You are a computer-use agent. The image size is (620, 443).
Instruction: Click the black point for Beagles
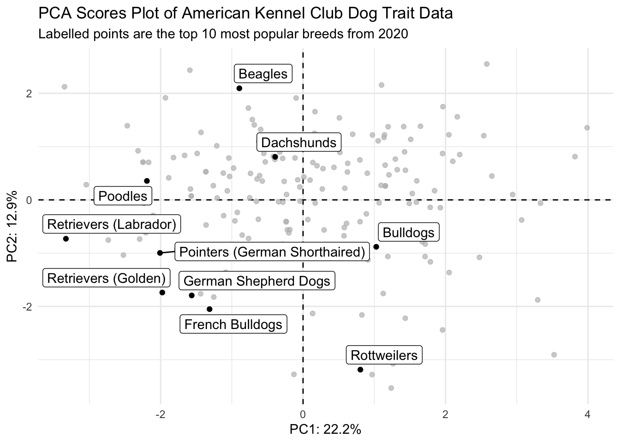pos(239,88)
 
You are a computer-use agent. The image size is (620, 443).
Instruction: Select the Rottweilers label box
pos(384,355)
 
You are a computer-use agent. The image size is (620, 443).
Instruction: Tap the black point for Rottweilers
pos(360,370)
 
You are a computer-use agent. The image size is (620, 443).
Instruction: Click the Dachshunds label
pos(298,143)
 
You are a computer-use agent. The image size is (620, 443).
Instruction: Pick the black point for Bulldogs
pos(376,247)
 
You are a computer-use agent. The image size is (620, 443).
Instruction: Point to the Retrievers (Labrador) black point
pos(66,239)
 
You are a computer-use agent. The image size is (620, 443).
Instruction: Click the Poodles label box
pos(123,196)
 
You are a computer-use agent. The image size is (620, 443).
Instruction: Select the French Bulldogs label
pos(233,324)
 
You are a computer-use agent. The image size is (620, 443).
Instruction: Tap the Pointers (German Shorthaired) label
pos(272,252)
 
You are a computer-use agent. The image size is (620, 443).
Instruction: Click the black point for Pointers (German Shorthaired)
pos(160,253)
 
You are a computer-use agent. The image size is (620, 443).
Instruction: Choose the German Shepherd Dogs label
pos(256,281)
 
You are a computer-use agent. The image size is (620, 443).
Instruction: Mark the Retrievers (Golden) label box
pos(106,278)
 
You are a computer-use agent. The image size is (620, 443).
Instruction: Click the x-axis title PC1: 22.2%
pos(325,430)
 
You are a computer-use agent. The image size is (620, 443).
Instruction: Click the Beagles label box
pos(263,74)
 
